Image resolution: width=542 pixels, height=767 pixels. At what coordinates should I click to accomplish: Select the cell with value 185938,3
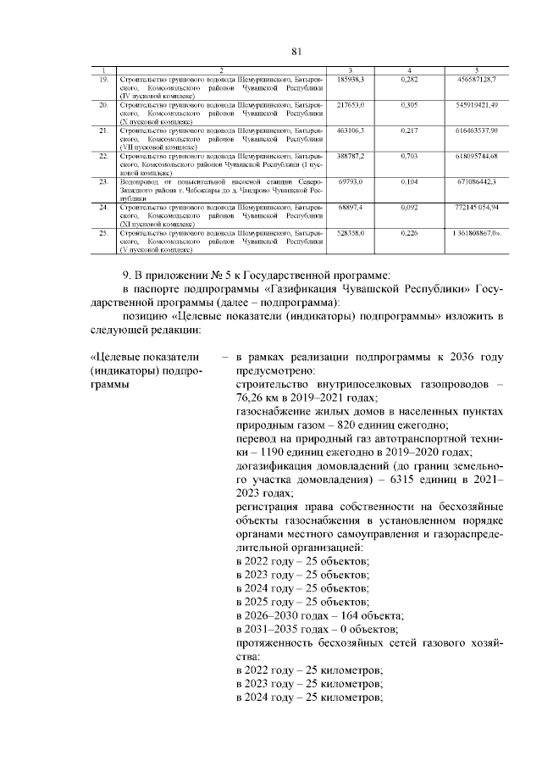coord(350,79)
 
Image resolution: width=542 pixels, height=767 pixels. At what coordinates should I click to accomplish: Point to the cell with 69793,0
coord(350,182)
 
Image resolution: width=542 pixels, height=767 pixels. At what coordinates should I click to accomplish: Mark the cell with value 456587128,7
coord(475,79)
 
